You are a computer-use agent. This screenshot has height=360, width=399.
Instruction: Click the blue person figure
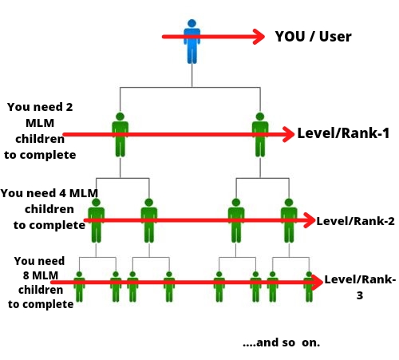[192, 42]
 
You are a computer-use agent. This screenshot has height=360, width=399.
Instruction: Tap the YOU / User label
[313, 37]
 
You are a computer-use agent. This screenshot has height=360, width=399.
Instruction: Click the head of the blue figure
[192, 23]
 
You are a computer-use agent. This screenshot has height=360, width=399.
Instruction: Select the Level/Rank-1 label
[343, 133]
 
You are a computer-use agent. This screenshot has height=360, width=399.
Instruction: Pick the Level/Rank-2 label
[355, 221]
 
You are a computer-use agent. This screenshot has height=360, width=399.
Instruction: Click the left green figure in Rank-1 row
[120, 135]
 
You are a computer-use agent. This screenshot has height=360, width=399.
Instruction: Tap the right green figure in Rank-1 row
[260, 135]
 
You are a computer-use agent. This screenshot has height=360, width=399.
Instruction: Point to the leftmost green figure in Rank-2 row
[96, 220]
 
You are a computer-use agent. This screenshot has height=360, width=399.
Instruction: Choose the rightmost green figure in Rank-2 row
[289, 220]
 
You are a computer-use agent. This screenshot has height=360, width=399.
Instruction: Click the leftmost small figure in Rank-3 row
[79, 287]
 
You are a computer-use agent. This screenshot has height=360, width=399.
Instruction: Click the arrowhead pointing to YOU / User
[259, 37]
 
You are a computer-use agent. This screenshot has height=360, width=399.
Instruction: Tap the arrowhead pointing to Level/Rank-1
[288, 134]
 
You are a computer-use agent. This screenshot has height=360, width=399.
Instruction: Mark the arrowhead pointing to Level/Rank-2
[309, 220]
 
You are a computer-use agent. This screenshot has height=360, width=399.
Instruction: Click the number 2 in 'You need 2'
[69, 107]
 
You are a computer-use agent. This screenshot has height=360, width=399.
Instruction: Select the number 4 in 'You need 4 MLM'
[62, 193]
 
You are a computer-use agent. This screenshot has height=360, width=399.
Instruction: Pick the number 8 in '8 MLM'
[26, 275]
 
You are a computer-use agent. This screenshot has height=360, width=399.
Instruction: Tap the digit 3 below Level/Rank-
[360, 295]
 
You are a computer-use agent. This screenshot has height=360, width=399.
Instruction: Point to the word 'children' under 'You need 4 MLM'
[49, 209]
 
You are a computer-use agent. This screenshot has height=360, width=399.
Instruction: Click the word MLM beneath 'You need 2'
[40, 123]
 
